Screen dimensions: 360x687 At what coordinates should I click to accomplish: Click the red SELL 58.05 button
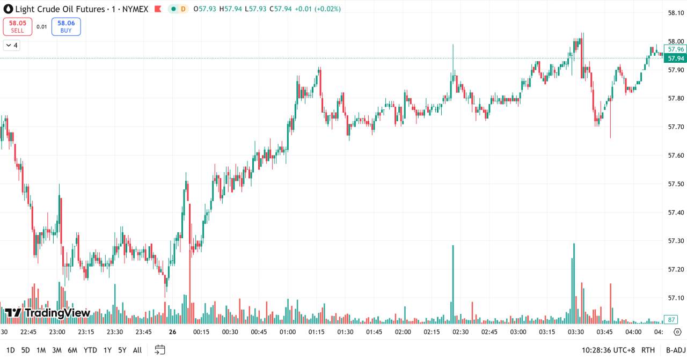click(18, 26)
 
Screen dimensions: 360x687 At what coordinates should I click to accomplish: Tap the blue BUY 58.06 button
click(66, 26)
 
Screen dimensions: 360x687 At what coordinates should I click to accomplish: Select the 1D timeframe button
click(10, 350)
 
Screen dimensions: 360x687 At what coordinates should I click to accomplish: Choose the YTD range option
click(90, 350)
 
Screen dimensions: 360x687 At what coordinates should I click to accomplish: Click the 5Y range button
click(122, 350)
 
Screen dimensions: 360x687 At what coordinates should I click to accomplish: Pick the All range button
click(137, 350)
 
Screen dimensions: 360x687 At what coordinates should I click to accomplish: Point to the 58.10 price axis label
click(675, 13)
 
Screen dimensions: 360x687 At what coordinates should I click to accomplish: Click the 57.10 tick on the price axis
click(675, 298)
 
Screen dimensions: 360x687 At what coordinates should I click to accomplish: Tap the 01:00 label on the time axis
click(288, 332)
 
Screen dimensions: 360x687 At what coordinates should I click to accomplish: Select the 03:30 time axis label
click(576, 332)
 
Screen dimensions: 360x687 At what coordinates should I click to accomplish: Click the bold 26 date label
click(172, 332)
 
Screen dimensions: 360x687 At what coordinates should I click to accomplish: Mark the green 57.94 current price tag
click(675, 58)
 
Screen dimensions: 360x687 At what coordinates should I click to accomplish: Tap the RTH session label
click(648, 350)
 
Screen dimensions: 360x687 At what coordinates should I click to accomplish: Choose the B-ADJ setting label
click(675, 350)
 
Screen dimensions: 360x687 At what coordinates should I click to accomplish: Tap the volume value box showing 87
click(671, 320)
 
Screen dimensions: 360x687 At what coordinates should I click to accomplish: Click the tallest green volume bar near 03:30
click(574, 284)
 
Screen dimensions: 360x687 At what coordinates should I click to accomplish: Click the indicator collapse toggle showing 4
click(11, 46)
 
